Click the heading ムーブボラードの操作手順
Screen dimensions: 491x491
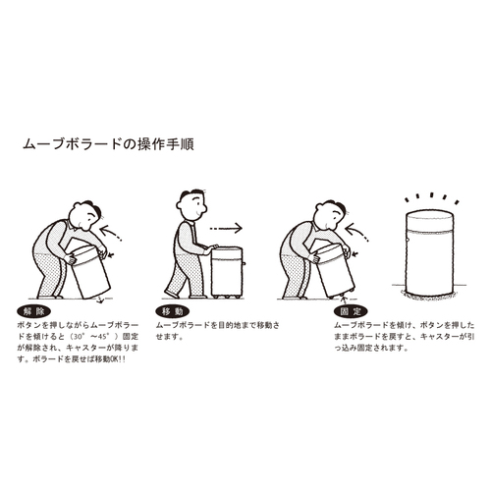(108, 144)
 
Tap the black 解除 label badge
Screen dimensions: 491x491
(33, 311)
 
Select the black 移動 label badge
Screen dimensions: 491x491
(173, 311)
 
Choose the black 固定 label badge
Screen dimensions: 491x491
(351, 311)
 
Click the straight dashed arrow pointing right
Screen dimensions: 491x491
(226, 228)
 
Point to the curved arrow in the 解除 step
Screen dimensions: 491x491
(110, 232)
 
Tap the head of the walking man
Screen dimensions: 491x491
(192, 204)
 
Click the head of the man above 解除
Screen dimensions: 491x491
(85, 215)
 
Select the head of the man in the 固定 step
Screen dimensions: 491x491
(329, 215)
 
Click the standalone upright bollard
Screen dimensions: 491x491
(429, 253)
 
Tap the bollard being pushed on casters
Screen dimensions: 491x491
(227, 272)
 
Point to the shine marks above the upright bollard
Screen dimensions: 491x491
(432, 197)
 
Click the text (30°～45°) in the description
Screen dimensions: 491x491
(95, 336)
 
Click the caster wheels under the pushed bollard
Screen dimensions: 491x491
(227, 297)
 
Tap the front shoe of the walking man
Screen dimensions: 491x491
(172, 294)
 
